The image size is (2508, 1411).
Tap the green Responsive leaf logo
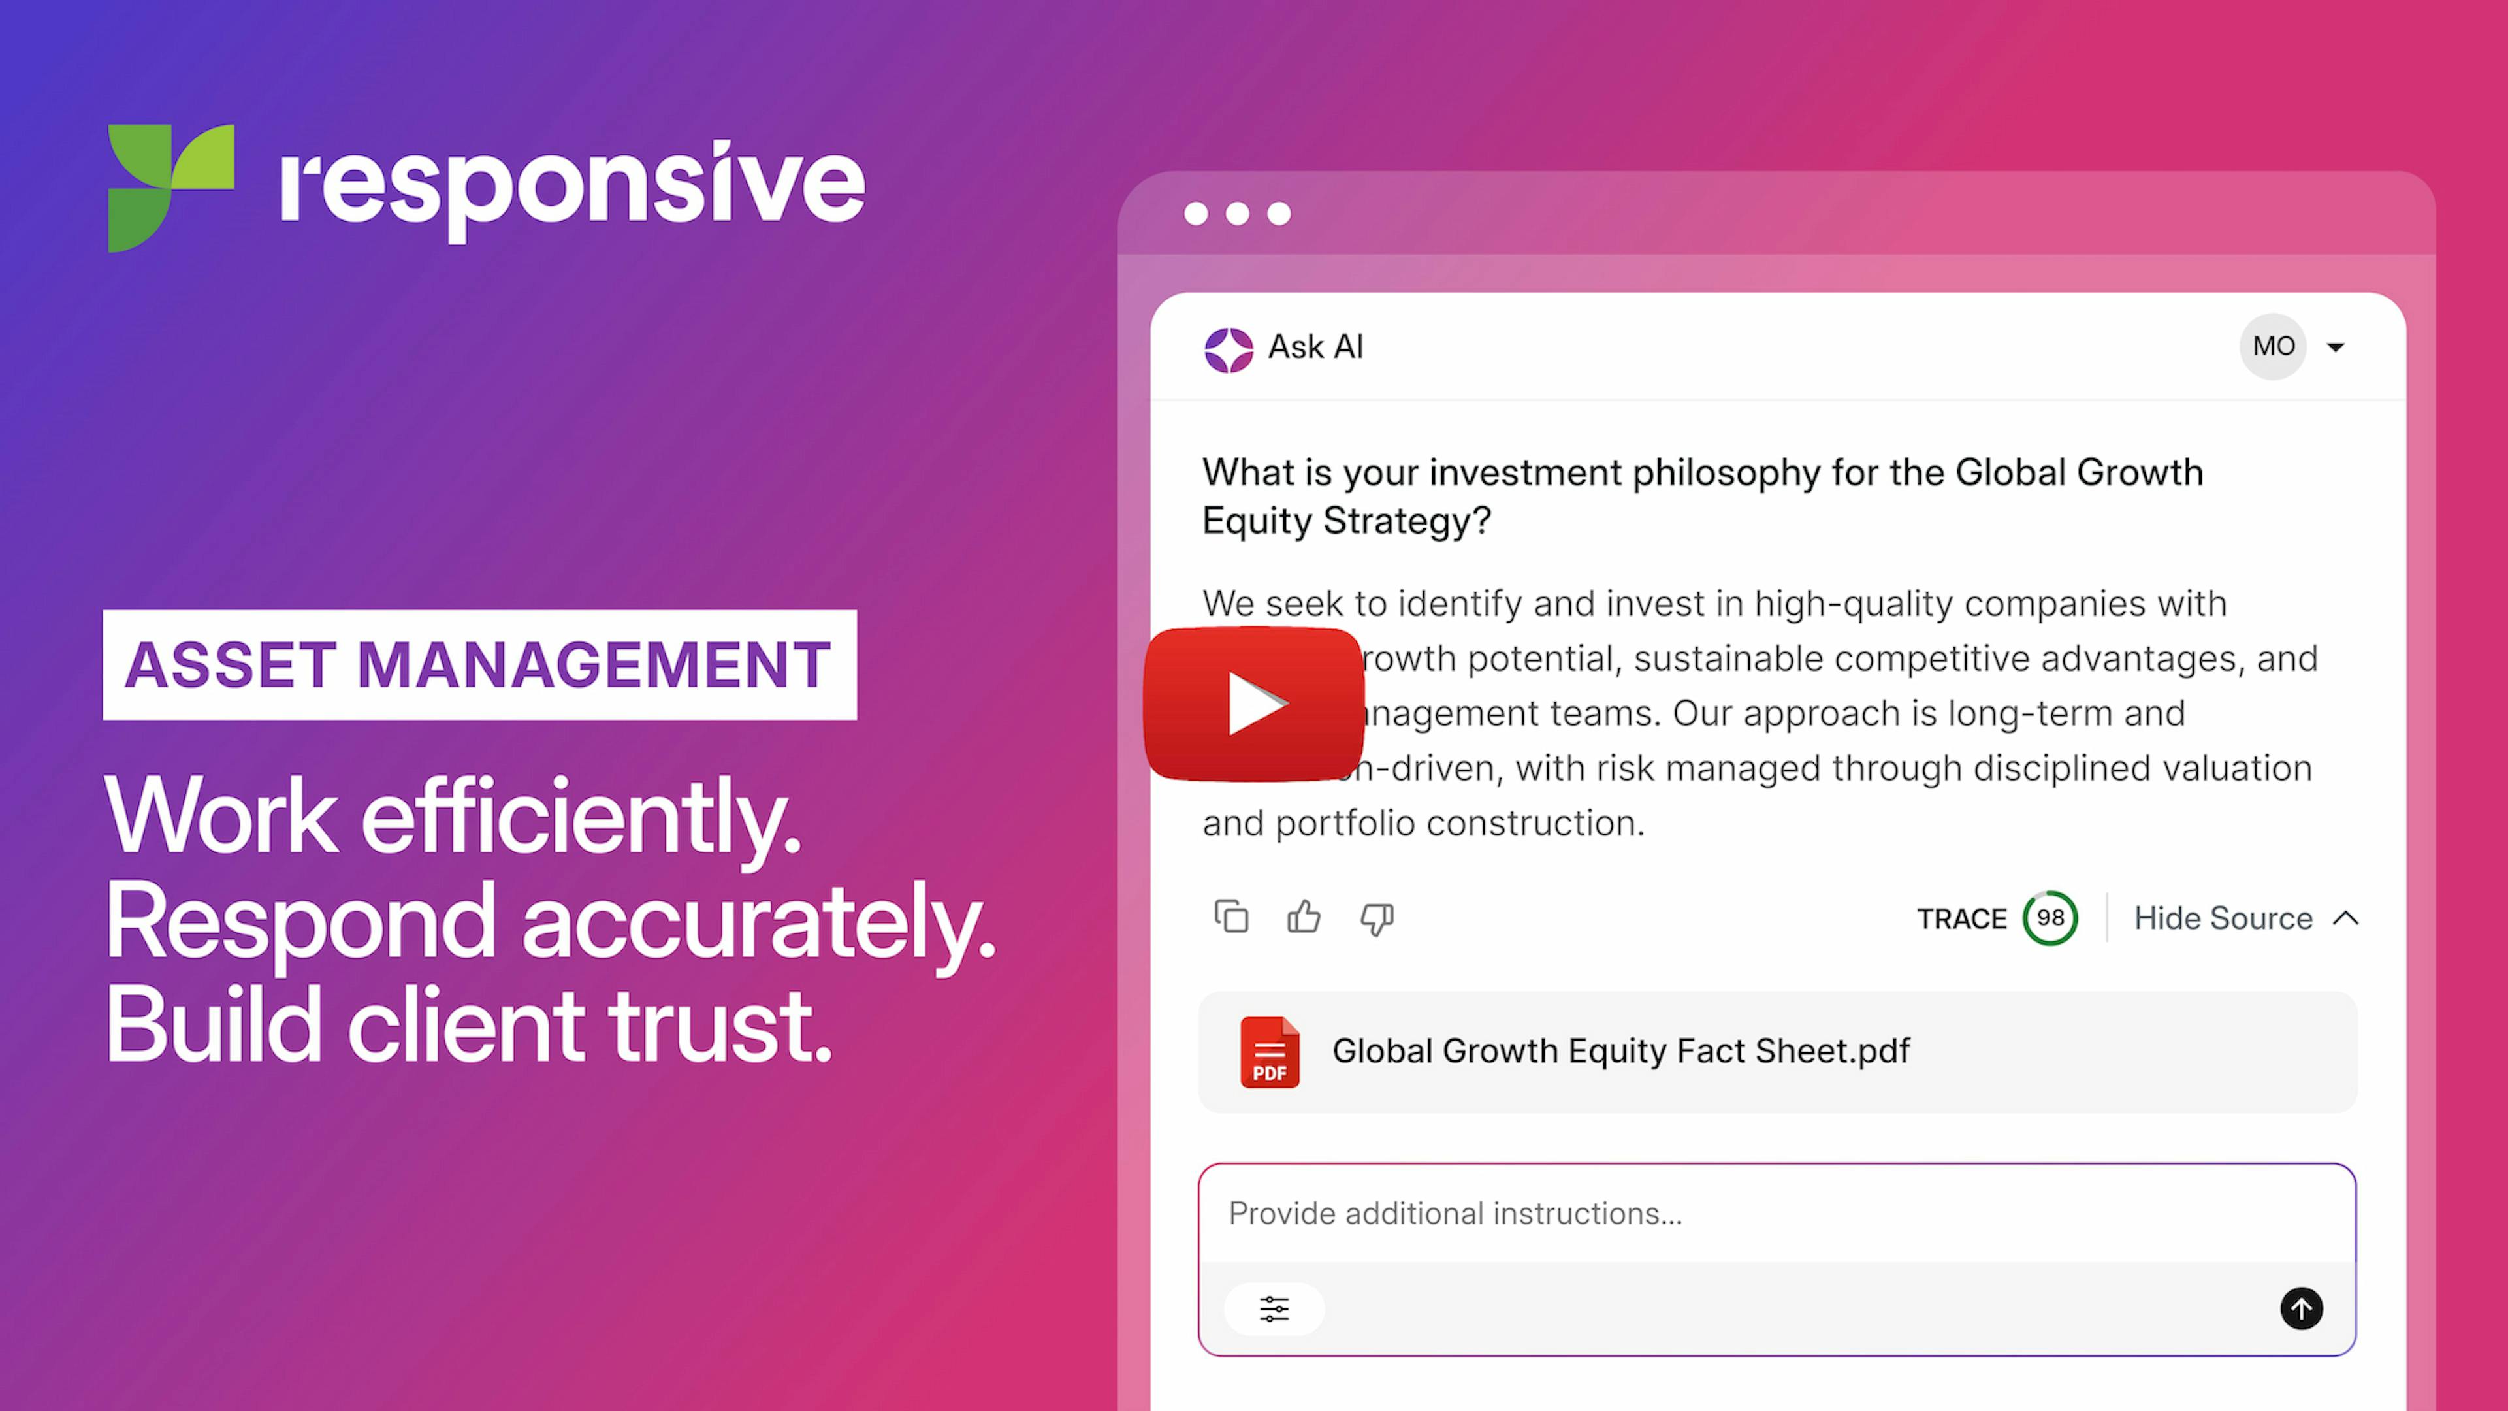pyautogui.click(x=170, y=187)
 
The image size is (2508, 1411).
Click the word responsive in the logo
pyautogui.click(x=573, y=185)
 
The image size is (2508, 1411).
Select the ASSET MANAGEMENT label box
pyautogui.click(x=479, y=665)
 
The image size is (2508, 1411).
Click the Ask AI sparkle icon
pyautogui.click(x=1228, y=349)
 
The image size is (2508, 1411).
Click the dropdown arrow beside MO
pyautogui.click(x=2336, y=348)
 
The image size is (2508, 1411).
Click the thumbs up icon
pyautogui.click(x=1304, y=917)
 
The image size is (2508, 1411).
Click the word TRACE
pyautogui.click(x=1961, y=919)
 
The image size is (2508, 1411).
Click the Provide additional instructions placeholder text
pyautogui.click(x=1455, y=1213)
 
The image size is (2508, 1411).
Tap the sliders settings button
pyautogui.click(x=1274, y=1308)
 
